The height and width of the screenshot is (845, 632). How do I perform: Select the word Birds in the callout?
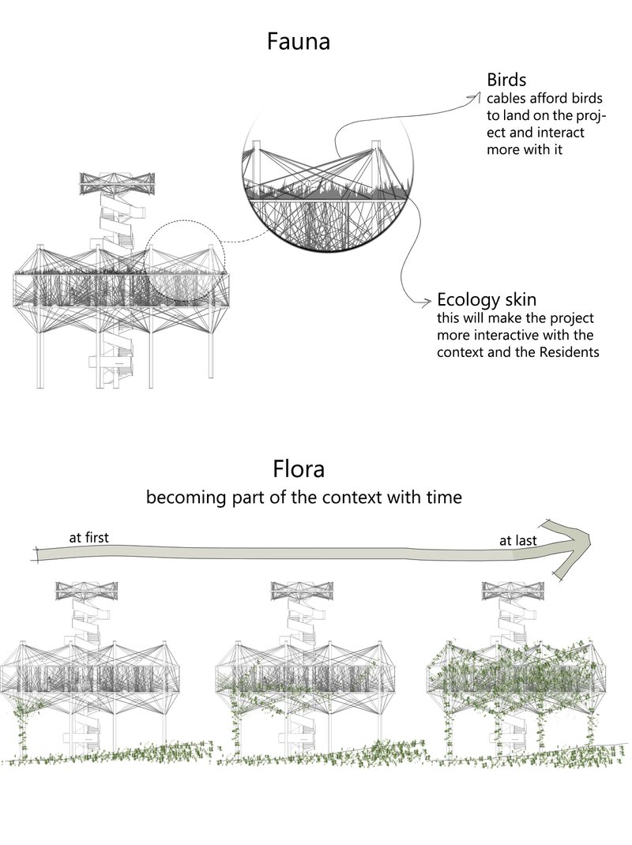click(506, 81)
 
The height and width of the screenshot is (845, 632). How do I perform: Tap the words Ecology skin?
click(487, 301)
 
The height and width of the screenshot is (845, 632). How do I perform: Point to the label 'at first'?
click(88, 538)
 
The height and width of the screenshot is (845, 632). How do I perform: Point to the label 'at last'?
click(517, 541)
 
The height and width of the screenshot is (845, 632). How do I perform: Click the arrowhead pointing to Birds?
click(475, 97)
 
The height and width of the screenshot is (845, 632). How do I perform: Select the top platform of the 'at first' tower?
click(87, 589)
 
